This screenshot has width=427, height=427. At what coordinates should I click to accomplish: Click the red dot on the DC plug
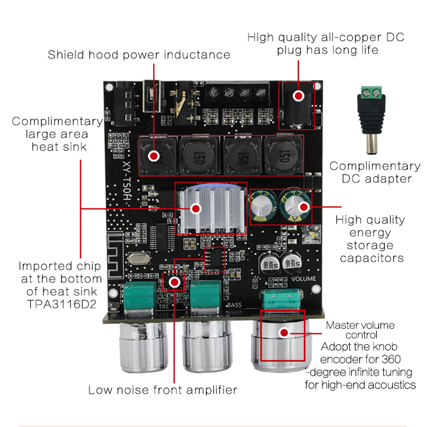[x=299, y=96]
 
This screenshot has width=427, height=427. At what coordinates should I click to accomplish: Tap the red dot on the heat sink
[x=196, y=208]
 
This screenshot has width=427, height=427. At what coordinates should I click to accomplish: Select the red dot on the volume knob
[x=284, y=333]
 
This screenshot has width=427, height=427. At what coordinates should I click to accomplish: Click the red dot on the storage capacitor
[x=304, y=207]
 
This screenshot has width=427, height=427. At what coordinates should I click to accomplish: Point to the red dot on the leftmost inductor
[x=154, y=156]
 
